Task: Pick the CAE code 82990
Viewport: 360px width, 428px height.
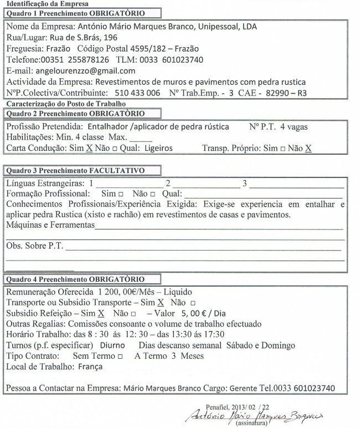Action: click(277, 93)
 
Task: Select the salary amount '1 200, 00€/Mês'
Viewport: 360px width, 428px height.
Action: click(128, 292)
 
